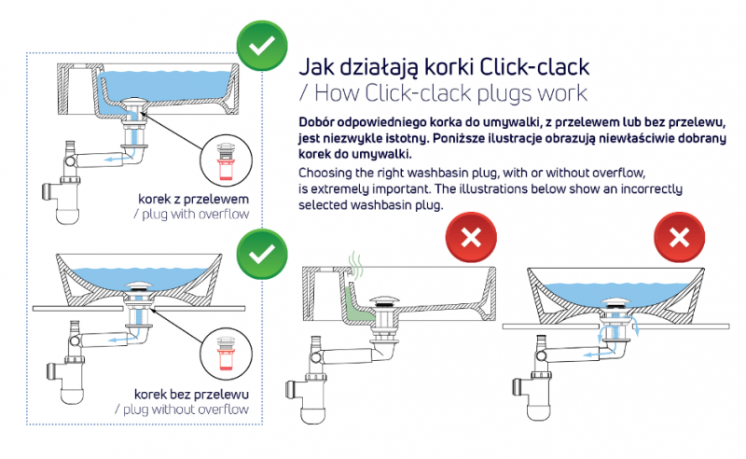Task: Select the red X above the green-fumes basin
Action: [x=471, y=238]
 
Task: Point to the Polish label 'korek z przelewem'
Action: [x=194, y=198]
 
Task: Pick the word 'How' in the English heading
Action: [x=338, y=93]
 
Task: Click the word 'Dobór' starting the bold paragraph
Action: [x=318, y=122]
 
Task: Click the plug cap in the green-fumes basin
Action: [x=382, y=300]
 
